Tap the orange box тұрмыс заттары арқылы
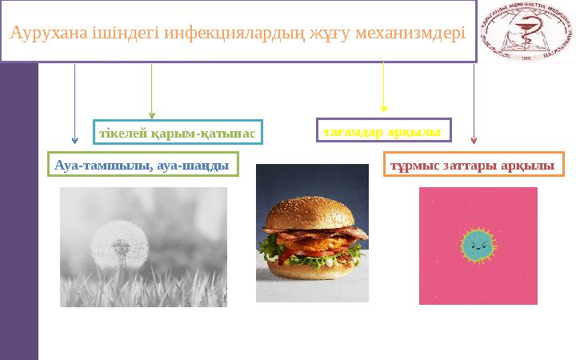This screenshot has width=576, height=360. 474,165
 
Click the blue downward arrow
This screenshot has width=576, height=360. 74,104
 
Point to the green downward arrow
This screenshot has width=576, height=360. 152,92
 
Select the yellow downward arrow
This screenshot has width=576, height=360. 384,88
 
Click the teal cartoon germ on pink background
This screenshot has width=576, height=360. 478,246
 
